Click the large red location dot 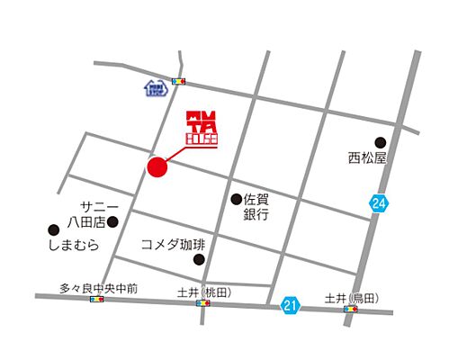[x=158, y=168]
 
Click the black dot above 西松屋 [x=380, y=141]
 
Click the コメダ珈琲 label [x=173, y=244]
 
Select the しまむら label [x=68, y=244]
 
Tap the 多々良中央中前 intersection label [x=99, y=288]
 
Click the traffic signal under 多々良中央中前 [x=97, y=300]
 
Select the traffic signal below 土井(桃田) [x=204, y=304]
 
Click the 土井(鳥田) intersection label [x=352, y=298]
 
